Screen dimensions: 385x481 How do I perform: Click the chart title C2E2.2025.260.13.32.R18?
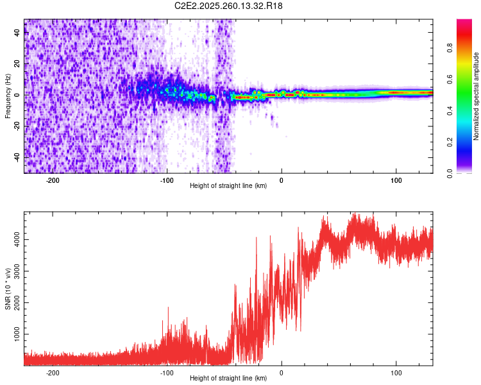tap(229, 6)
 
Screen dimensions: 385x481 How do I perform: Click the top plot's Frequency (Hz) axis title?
tap(8, 96)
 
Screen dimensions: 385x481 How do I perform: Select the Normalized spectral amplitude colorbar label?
tap(477, 96)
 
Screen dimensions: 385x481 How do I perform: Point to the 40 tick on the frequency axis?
tap(18, 33)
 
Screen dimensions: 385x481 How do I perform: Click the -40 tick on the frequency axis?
tap(18, 157)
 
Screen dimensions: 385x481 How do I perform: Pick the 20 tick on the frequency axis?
tap(18, 64)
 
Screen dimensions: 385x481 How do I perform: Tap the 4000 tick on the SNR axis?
tap(18, 239)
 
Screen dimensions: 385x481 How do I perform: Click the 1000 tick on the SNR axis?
tap(18, 334)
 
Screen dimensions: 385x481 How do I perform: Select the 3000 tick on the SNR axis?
tap(18, 271)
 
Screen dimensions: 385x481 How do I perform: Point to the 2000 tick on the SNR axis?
tap(18, 303)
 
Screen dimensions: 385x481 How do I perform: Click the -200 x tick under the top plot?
tap(53, 180)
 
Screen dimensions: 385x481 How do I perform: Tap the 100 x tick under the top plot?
tap(396, 180)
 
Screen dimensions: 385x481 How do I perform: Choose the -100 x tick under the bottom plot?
tap(167, 372)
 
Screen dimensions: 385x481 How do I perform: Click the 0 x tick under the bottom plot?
tap(282, 372)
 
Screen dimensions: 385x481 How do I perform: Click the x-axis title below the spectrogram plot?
tap(229, 187)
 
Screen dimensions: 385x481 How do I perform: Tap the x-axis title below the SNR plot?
tap(229, 379)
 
